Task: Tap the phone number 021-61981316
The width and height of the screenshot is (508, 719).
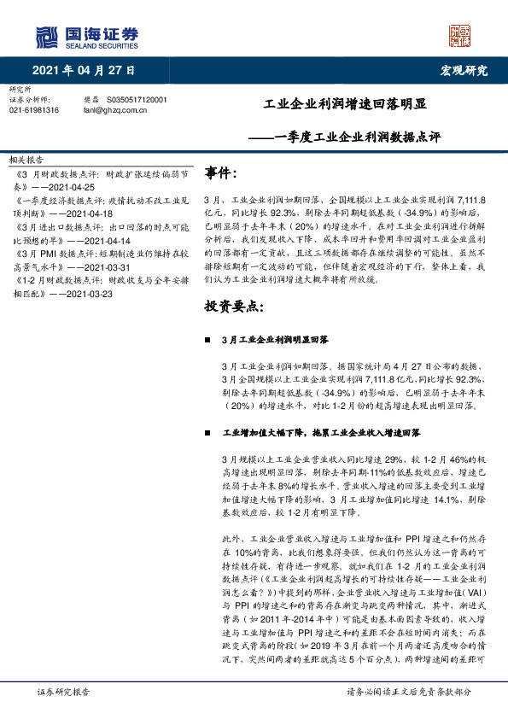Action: click(34, 110)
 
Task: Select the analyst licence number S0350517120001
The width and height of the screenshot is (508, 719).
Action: click(137, 100)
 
